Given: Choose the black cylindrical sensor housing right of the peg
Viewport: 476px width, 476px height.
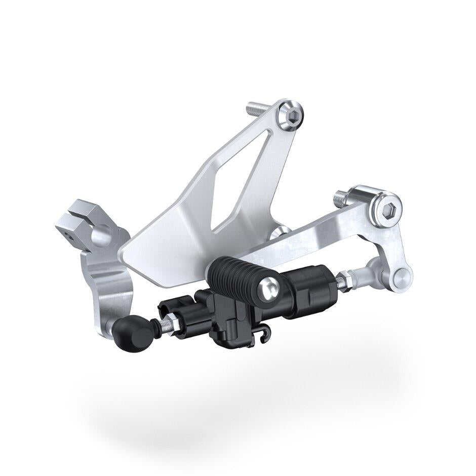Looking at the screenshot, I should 309,288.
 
